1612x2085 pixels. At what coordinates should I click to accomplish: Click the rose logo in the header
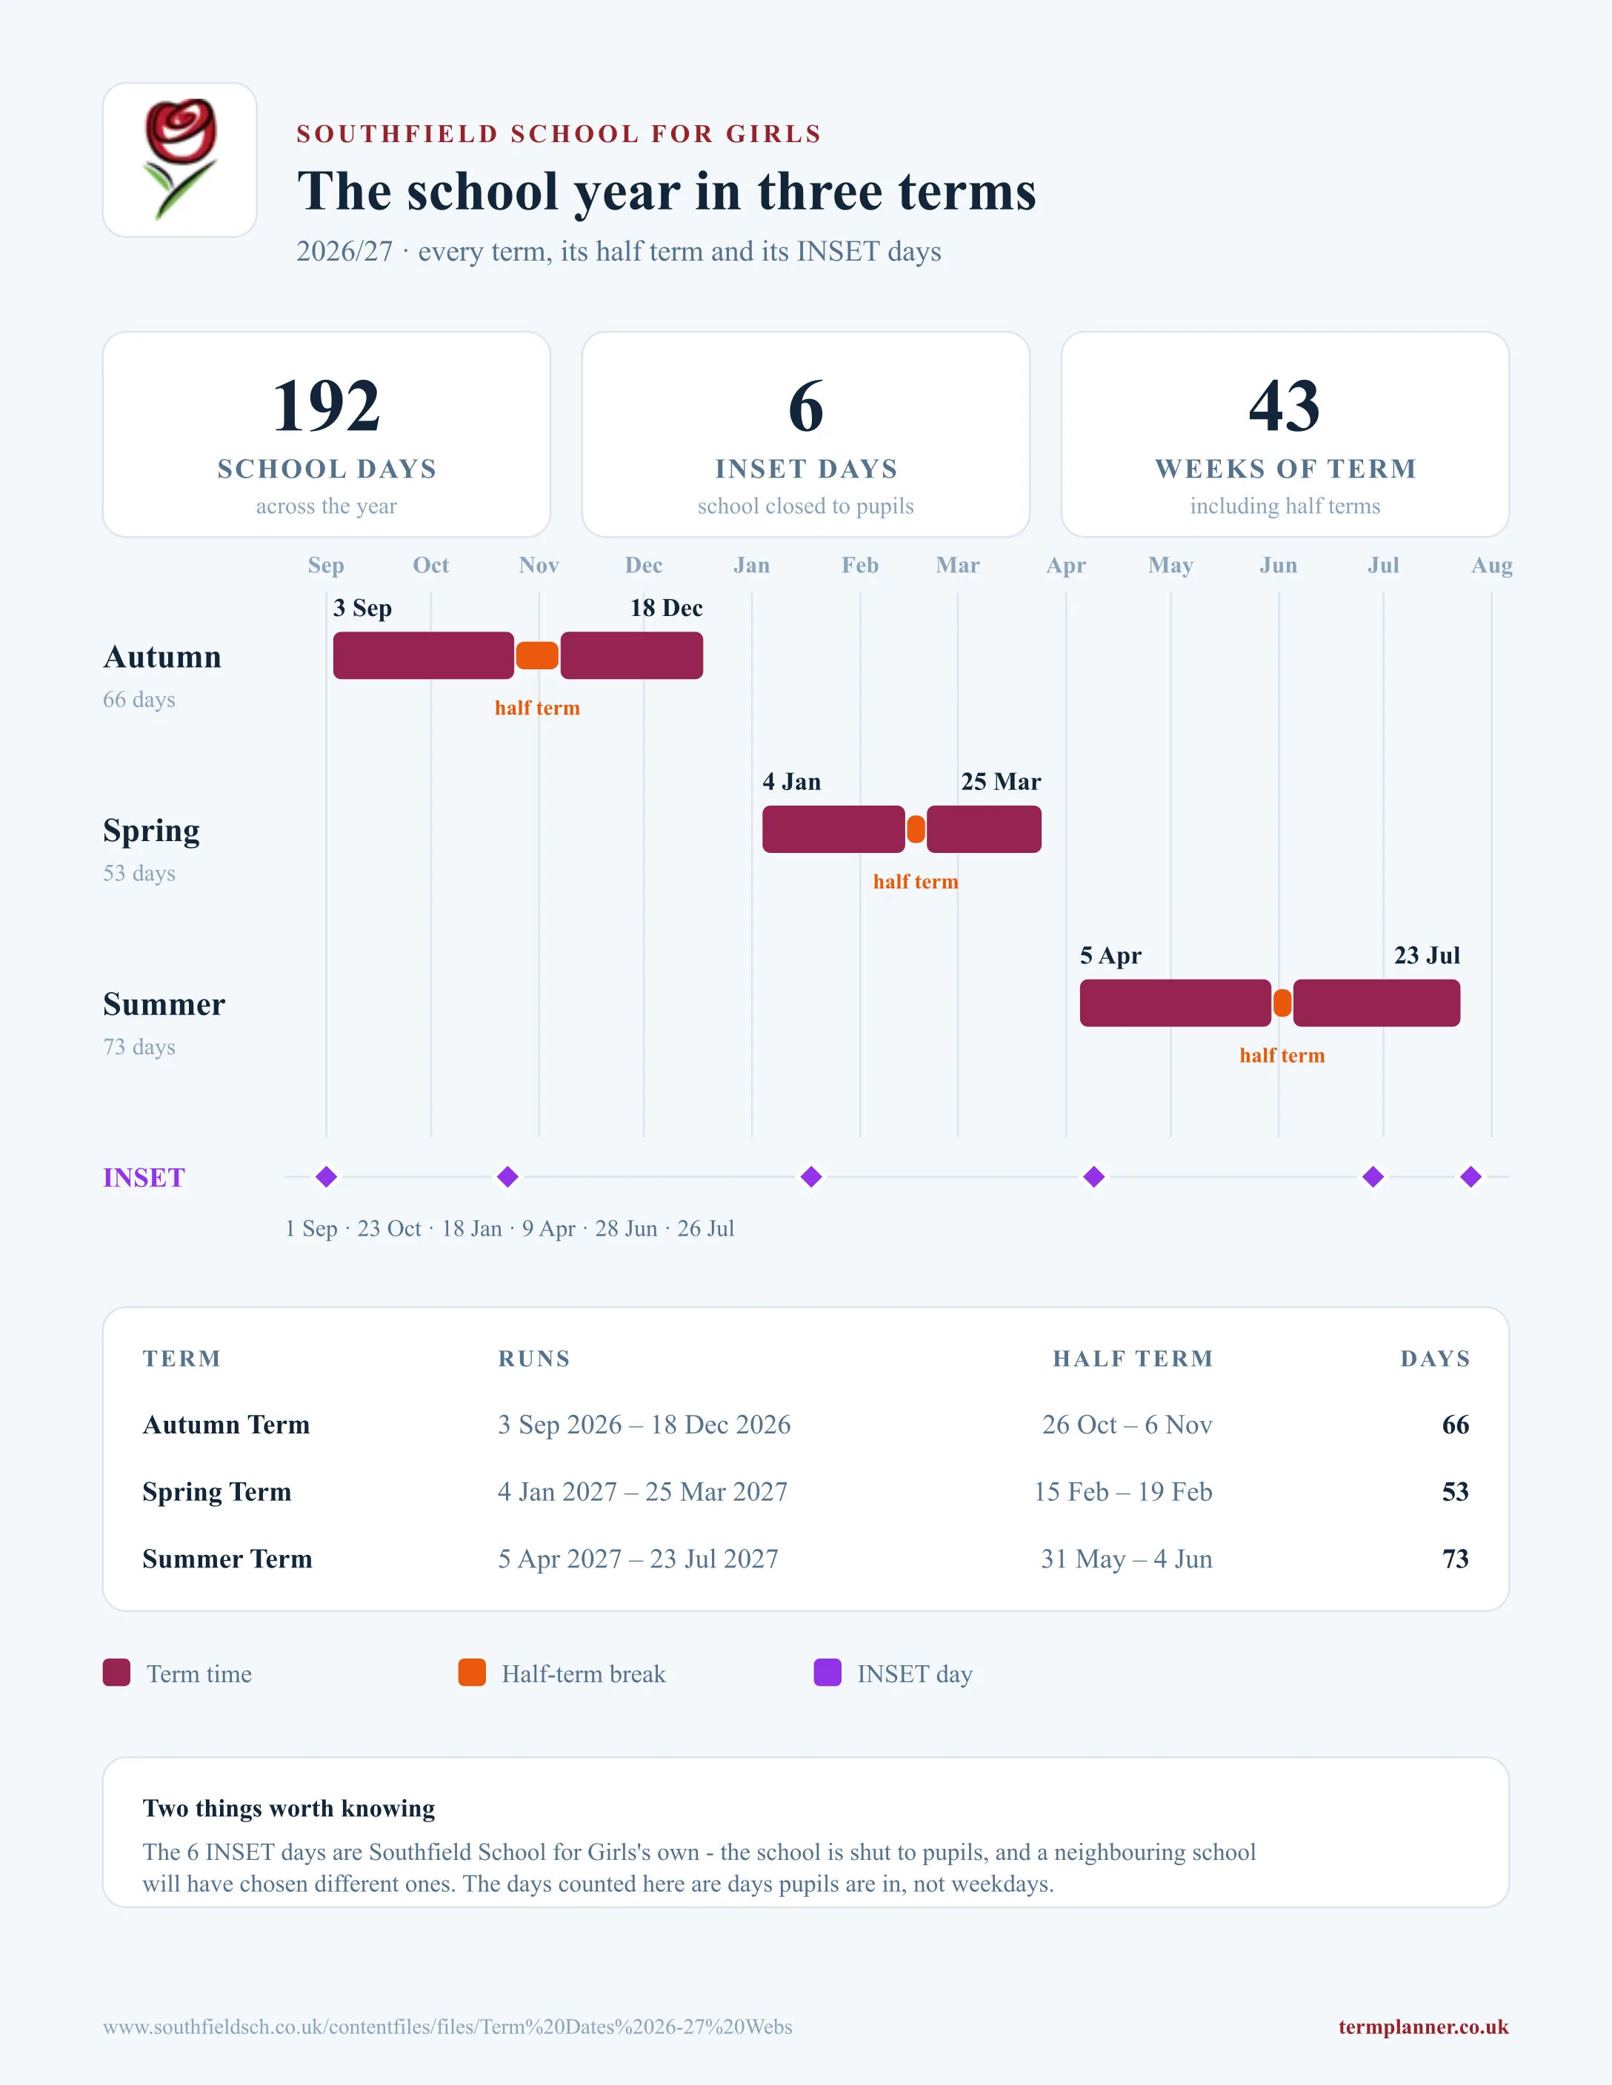[x=179, y=159]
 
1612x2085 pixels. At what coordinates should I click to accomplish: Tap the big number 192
[x=327, y=406]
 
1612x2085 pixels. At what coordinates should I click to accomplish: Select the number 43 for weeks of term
[x=1285, y=406]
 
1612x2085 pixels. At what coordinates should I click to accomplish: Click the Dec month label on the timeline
[x=644, y=565]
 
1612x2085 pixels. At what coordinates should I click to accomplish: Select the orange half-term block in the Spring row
[x=916, y=829]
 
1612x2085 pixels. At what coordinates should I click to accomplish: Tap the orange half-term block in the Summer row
[x=1282, y=1003]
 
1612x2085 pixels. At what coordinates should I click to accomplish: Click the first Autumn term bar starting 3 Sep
[x=423, y=656]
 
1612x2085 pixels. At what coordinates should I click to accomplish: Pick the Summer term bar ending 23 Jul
[x=1376, y=1003]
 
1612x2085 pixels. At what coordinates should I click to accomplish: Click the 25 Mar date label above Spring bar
[x=1001, y=782]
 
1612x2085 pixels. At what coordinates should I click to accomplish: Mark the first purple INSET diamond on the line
[x=327, y=1177]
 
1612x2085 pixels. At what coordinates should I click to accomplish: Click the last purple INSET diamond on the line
[x=1471, y=1177]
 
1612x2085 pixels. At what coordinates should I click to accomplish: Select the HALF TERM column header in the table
[x=1133, y=1359]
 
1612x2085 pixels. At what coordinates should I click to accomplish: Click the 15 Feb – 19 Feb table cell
[x=1123, y=1491]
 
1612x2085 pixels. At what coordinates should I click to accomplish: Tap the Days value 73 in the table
[x=1456, y=1559]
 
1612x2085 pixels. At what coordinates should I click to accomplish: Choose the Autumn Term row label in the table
[x=227, y=1425]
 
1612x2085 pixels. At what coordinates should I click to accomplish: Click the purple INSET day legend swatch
[x=827, y=1673]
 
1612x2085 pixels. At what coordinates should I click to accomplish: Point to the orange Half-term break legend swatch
[x=472, y=1673]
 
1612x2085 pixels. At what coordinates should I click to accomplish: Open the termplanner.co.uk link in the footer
[x=1423, y=2027]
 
